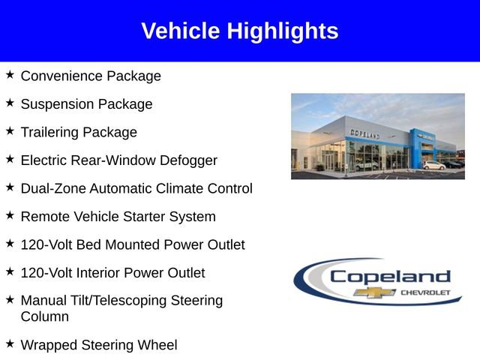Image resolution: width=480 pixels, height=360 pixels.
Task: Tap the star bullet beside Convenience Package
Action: point(10,76)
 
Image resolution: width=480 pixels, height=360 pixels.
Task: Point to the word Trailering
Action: point(49,132)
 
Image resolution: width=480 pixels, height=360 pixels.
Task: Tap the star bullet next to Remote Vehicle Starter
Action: point(10,216)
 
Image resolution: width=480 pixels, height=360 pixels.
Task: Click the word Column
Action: point(45,316)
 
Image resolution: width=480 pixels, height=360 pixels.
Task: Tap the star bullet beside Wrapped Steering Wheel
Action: point(10,344)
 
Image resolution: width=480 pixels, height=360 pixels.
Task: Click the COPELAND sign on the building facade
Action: point(364,133)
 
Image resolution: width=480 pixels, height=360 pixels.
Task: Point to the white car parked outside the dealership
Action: point(433,165)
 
